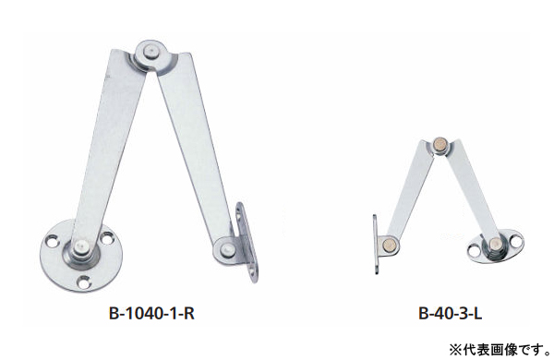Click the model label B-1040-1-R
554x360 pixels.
pyautogui.click(x=151, y=313)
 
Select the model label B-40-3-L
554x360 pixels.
pyautogui.click(x=451, y=313)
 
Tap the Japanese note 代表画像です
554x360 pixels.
pyautogui.click(x=506, y=350)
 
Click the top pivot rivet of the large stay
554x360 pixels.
pyautogui.click(x=151, y=53)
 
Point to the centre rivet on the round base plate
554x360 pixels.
pyautogui.click(x=81, y=247)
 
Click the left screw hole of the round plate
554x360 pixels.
pyautogui.click(x=53, y=241)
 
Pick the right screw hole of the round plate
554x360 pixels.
pyautogui.click(x=106, y=237)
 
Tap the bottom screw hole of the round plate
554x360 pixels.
pyautogui.click(x=84, y=282)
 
